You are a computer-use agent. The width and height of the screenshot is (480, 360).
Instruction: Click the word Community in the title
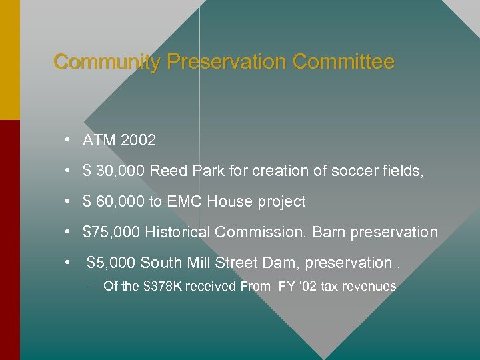[107, 63]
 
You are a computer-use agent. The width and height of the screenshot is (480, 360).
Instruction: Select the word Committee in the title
[343, 63]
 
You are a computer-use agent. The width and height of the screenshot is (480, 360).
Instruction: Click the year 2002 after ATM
[138, 141]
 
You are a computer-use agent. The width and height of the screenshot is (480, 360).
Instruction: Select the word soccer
[355, 171]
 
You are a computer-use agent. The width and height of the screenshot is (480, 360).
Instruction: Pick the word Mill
[201, 263]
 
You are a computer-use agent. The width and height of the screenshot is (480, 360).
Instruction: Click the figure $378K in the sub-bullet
[162, 287]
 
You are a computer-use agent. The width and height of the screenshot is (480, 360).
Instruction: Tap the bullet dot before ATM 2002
[69, 141]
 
